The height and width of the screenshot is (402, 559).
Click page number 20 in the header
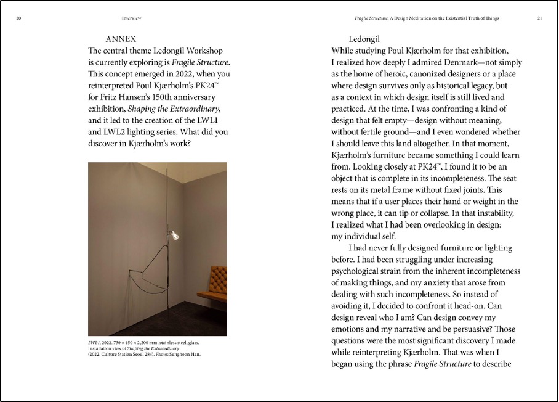pos(19,18)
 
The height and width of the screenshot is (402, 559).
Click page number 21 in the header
pos(539,18)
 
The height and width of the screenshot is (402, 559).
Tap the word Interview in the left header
pos(132,18)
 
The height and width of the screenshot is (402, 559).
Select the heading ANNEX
pos(121,39)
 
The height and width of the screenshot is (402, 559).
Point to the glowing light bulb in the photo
pos(174,234)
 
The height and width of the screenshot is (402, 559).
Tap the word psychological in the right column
pos(361,271)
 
